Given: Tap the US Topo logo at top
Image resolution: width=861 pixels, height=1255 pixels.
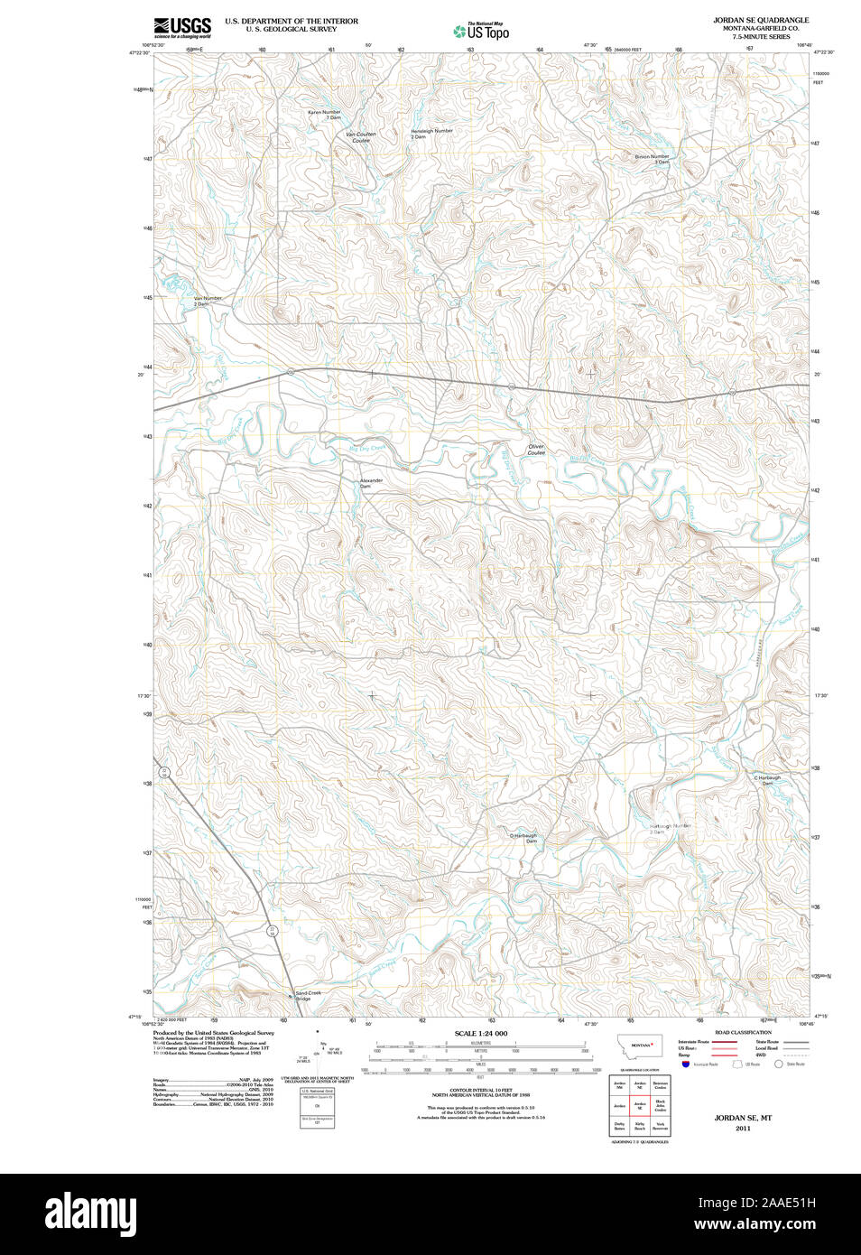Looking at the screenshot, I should click(481, 32).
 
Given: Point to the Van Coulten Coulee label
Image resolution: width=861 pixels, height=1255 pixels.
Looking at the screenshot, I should click(361, 137).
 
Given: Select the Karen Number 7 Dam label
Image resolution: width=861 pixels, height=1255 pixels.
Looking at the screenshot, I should click(325, 116).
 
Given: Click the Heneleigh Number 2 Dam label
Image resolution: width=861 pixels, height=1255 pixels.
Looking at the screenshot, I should click(431, 134).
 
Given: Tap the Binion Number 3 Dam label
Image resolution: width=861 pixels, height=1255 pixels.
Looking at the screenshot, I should click(653, 159).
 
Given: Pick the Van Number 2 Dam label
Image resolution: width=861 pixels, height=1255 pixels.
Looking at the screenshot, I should click(207, 301).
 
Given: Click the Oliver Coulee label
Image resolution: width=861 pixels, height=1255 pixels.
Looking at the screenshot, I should click(536, 450).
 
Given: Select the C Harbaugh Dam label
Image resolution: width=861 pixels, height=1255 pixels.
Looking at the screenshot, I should click(767, 780).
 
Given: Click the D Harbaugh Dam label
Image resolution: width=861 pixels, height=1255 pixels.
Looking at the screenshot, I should click(523, 838).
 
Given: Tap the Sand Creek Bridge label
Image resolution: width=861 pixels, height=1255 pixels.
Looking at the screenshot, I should click(307, 995).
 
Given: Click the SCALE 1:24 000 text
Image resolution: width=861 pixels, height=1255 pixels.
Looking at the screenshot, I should click(480, 1033).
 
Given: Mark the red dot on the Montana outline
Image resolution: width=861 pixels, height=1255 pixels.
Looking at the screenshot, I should click(652, 1045).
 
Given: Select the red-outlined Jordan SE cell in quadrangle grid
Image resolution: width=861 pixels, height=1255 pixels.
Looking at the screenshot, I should click(640, 1105).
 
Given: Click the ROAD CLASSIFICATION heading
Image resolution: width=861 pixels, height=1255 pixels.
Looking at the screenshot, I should click(743, 1032).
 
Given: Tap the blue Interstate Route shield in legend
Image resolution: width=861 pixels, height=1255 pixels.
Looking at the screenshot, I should click(686, 1064).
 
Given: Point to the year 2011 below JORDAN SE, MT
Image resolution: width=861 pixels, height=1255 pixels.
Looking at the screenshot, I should click(743, 1128).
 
